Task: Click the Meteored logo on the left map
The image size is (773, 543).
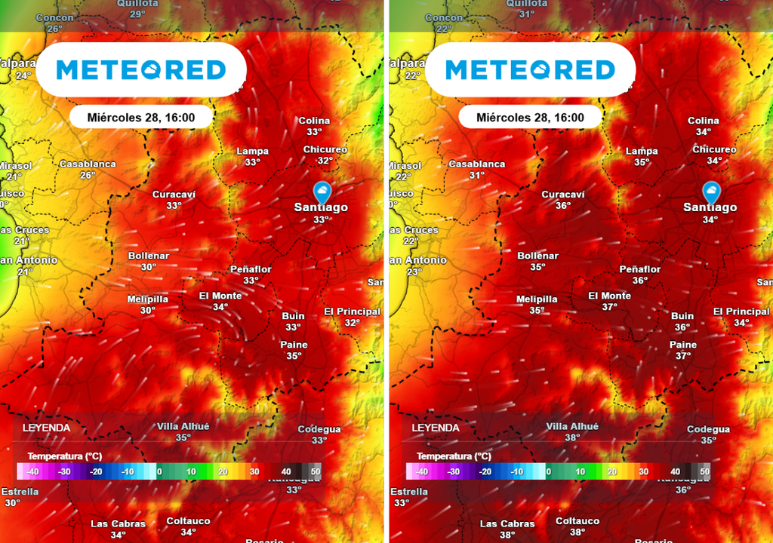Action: coord(141,70)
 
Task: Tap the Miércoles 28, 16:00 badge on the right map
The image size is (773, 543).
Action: coord(531,118)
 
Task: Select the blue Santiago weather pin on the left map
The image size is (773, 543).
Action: coord(322,191)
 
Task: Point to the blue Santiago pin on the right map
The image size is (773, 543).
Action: coord(710,191)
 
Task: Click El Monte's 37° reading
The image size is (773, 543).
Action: coord(610,307)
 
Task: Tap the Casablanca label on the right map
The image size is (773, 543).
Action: coord(477,164)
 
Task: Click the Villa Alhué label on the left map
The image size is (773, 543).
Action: coord(183,426)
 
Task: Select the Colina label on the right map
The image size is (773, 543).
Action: coord(704,121)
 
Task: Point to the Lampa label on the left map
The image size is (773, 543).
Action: coord(252,151)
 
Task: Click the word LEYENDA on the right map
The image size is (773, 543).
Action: coord(436,428)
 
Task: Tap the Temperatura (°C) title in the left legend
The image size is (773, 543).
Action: coord(65,456)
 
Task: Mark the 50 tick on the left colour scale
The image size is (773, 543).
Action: coord(315,472)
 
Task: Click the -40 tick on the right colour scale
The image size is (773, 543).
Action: coord(421,472)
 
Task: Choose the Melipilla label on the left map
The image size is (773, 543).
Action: coord(148,299)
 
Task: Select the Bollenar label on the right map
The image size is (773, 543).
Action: coord(537,256)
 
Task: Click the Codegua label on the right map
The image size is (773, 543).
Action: coord(708,429)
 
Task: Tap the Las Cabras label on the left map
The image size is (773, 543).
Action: coord(119,523)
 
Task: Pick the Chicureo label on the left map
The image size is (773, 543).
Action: coord(325,149)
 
